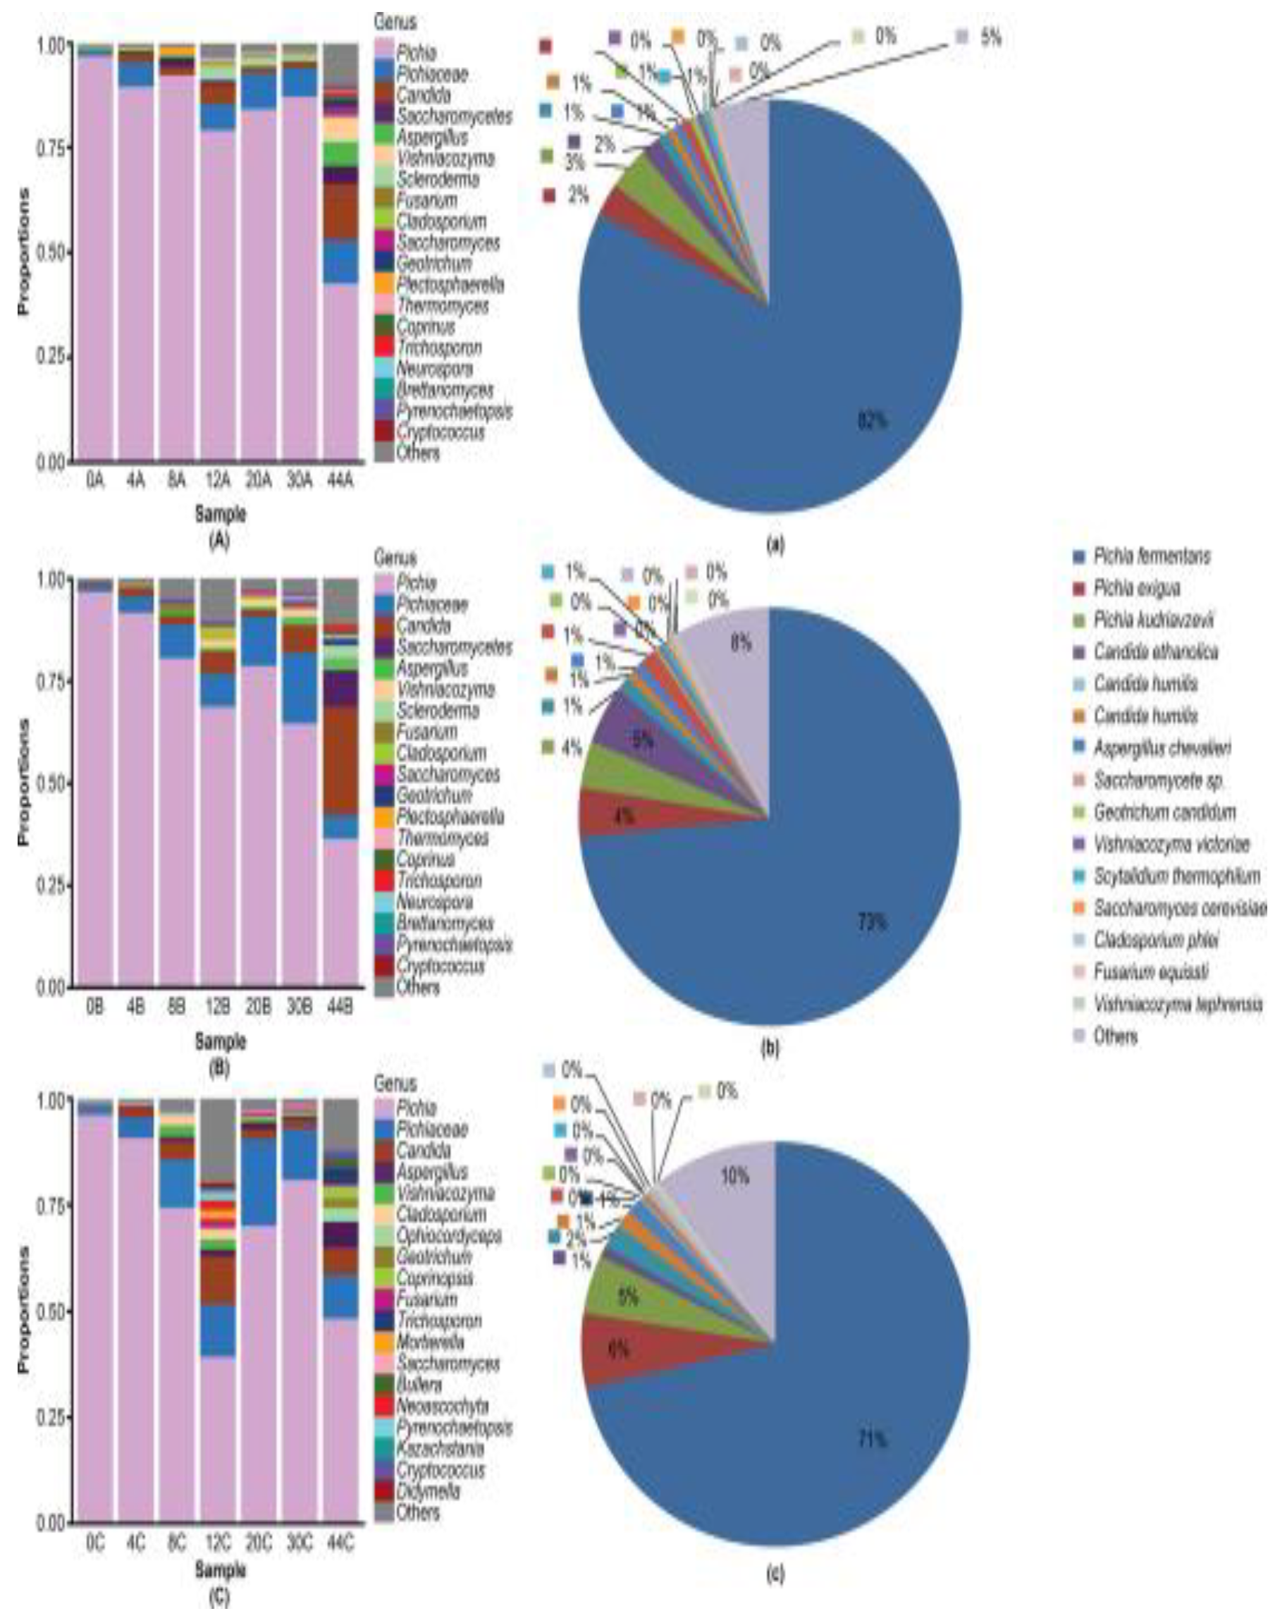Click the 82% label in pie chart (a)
point(873,420)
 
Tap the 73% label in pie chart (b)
point(873,921)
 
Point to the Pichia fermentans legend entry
point(1152,556)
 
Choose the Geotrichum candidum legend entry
point(1164,812)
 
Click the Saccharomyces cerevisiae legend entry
point(1179,909)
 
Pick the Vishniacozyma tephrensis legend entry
point(1177,1004)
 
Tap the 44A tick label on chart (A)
point(339,480)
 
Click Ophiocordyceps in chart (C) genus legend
point(448,1235)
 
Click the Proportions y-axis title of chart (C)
point(23,1310)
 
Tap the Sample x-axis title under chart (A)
point(220,514)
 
